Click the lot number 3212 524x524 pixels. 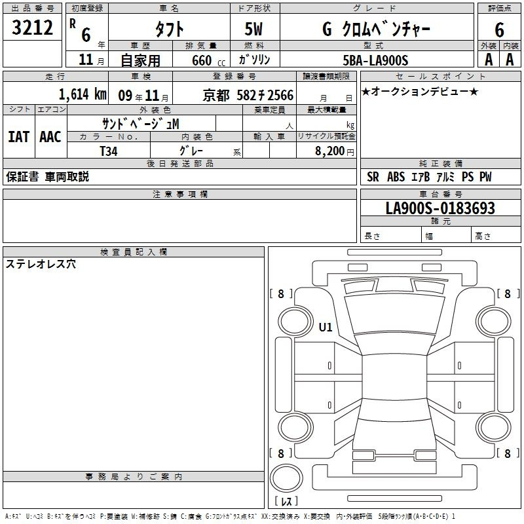pyautogui.click(x=32, y=27)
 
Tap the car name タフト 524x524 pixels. pyautogui.click(x=169, y=29)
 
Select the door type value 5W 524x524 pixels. pyautogui.click(x=253, y=29)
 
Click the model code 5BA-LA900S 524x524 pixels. pyautogui.click(x=375, y=60)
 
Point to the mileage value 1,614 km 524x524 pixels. pyautogui.click(x=83, y=94)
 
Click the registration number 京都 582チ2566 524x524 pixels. pyautogui.click(x=248, y=95)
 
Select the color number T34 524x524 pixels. pyautogui.click(x=109, y=151)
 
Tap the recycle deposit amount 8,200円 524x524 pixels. pyautogui.click(x=334, y=151)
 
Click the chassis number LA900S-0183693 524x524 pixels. pyautogui.click(x=440, y=208)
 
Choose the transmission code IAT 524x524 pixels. pyautogui.click(x=19, y=137)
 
